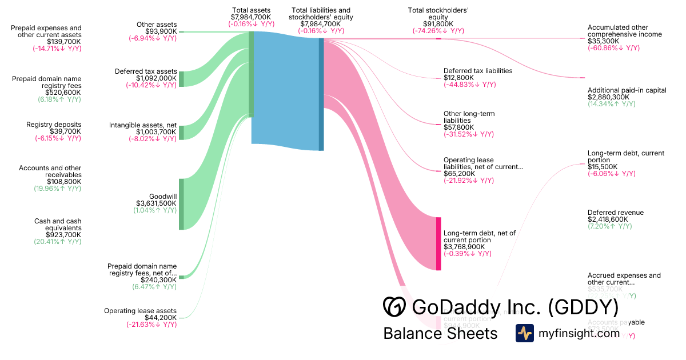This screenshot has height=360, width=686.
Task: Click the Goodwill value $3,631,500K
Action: (156, 203)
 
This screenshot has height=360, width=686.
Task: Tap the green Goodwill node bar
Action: (182, 204)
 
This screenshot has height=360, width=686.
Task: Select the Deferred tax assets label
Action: (146, 71)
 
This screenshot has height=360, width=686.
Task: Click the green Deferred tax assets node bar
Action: (182, 79)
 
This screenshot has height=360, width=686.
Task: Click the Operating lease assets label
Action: (140, 311)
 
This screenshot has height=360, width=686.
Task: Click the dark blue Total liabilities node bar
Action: (321, 91)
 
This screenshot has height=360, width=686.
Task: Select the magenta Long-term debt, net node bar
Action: (438, 243)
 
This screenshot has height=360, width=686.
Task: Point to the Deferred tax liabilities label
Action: (478, 71)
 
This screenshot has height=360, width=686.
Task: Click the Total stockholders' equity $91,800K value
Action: (438, 24)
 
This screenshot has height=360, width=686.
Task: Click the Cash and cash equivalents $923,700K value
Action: (58, 235)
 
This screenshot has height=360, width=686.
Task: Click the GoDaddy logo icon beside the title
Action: (394, 307)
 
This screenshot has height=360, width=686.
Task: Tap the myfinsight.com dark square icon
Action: (524, 333)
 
